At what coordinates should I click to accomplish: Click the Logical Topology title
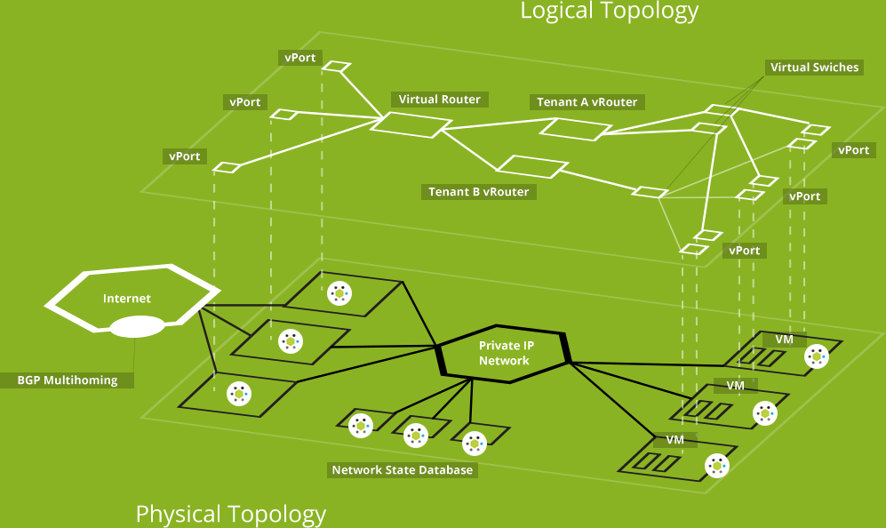pyautogui.click(x=609, y=12)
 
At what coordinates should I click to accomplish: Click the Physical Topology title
pyautogui.click(x=230, y=514)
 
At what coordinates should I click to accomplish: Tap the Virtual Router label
pyautogui.click(x=439, y=100)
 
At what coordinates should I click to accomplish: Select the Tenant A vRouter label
pyautogui.click(x=587, y=102)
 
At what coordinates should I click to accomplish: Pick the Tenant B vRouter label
pyautogui.click(x=478, y=192)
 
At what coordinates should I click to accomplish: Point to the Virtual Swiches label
pyautogui.click(x=814, y=68)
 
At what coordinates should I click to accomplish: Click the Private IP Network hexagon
pyautogui.click(x=504, y=353)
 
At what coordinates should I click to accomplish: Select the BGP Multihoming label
pyautogui.click(x=67, y=380)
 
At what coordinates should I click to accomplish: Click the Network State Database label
pyautogui.click(x=402, y=469)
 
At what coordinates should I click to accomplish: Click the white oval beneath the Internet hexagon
pyautogui.click(x=137, y=327)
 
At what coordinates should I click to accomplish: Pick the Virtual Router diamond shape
pyautogui.click(x=405, y=123)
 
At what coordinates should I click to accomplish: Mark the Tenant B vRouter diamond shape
pyautogui.click(x=531, y=166)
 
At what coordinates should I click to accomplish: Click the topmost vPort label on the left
pyautogui.click(x=299, y=58)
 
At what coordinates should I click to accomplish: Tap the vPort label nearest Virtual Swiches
pyautogui.click(x=853, y=150)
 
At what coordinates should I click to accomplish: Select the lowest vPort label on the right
pyautogui.click(x=744, y=251)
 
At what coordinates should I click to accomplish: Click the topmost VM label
pyautogui.click(x=784, y=340)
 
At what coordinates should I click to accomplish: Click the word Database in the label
pyautogui.click(x=444, y=469)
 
